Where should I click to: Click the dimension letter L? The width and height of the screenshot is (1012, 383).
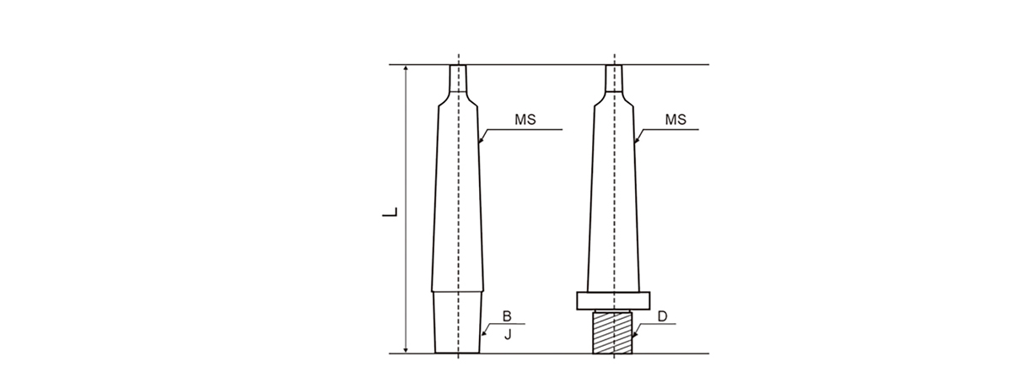pos(390,209)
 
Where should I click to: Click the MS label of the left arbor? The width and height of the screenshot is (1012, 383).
pos(525,120)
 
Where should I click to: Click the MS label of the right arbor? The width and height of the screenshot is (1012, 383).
pos(676,120)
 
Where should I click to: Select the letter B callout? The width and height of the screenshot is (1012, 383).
pos(507,316)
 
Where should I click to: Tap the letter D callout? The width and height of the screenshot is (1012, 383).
pos(662,316)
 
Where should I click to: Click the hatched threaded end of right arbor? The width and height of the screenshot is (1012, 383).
pos(613,332)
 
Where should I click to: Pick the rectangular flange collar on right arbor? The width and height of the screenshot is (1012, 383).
pos(613,300)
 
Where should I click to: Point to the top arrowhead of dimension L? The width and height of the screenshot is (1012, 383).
pos(406,68)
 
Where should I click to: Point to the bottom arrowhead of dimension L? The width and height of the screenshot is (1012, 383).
pos(406,349)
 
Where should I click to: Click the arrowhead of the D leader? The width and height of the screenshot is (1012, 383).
pos(634,337)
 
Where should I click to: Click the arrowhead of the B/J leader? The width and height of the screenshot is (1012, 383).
pos(483,337)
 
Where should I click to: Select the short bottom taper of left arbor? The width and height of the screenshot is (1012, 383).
pos(458,322)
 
